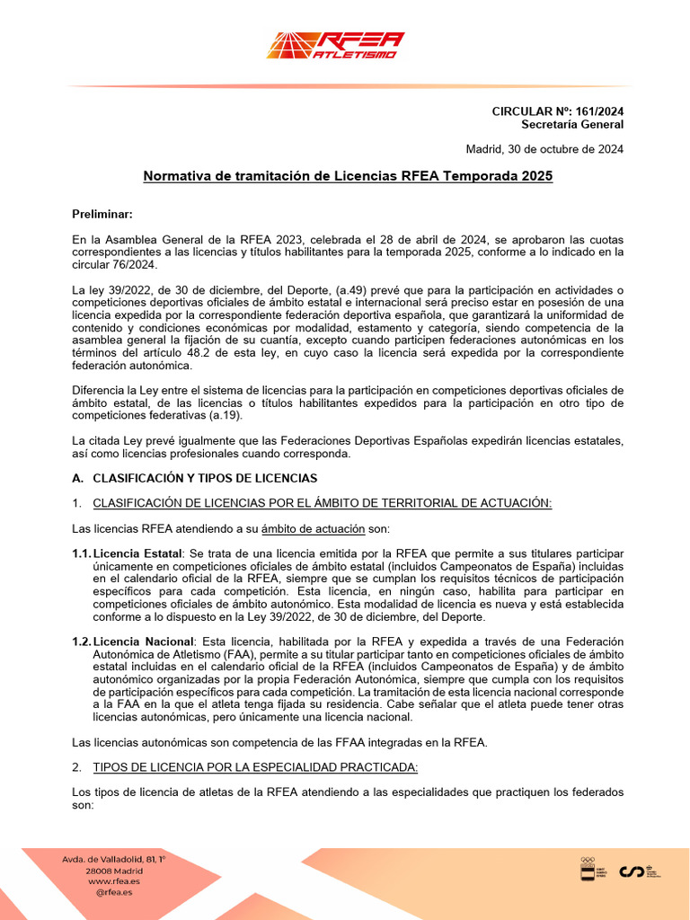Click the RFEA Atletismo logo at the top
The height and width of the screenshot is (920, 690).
coord(335,45)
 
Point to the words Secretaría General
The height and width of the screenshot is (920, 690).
coord(572,124)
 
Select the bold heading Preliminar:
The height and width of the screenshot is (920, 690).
coord(102,214)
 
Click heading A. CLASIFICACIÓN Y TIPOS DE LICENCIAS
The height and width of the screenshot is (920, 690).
coord(194,478)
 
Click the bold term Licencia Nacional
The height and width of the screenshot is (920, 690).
coord(144,641)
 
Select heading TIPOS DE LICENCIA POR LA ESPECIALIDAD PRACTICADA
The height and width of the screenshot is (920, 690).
coord(255,767)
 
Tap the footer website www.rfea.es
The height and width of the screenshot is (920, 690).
coord(114,881)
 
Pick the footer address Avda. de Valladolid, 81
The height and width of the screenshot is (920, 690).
coord(114,860)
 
